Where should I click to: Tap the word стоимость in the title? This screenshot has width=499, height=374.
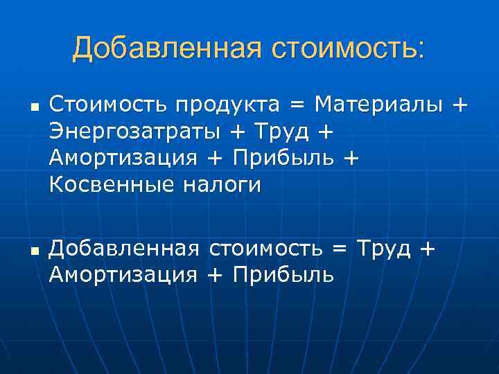(349, 48)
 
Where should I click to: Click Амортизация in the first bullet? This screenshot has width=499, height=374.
(123, 159)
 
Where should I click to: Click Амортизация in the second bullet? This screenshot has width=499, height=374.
(123, 275)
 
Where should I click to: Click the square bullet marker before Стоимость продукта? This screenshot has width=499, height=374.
(33, 107)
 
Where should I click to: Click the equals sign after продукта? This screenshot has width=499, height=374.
(297, 106)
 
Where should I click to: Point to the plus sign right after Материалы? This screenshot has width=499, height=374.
(459, 106)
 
